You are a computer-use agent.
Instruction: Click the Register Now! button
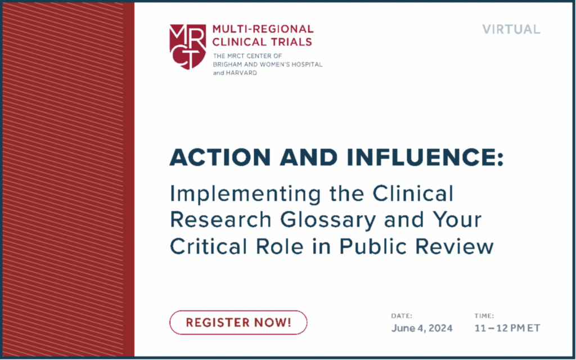[x=238, y=322]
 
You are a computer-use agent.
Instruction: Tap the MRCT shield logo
[x=187, y=47]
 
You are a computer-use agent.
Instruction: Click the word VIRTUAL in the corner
[x=511, y=29]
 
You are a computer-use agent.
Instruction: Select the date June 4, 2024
[x=422, y=328]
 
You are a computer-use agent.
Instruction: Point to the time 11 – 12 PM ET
[x=507, y=328]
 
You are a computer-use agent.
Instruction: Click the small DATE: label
[x=402, y=316]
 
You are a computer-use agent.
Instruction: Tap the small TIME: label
[x=484, y=316]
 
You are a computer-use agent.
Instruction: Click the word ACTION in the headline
[x=220, y=157]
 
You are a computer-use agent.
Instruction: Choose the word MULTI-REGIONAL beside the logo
[x=263, y=29]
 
